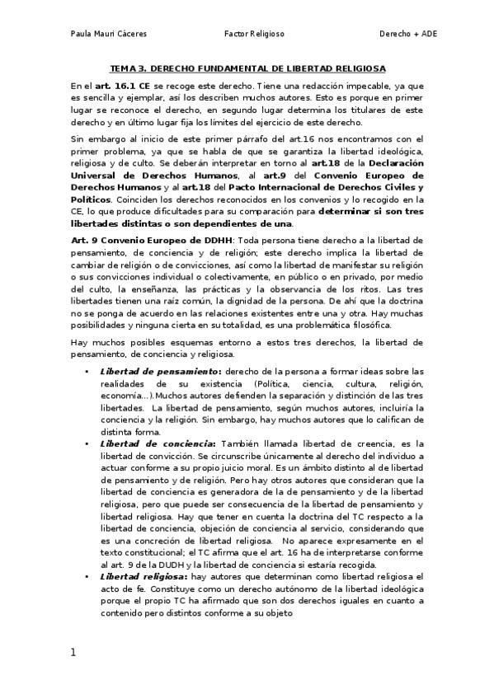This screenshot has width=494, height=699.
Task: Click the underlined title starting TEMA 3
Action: [248, 70]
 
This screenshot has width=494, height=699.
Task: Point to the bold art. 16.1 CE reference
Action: [120, 85]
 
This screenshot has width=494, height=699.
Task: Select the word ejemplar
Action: [143, 96]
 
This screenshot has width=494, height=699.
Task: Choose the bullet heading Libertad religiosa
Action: [141, 575]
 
